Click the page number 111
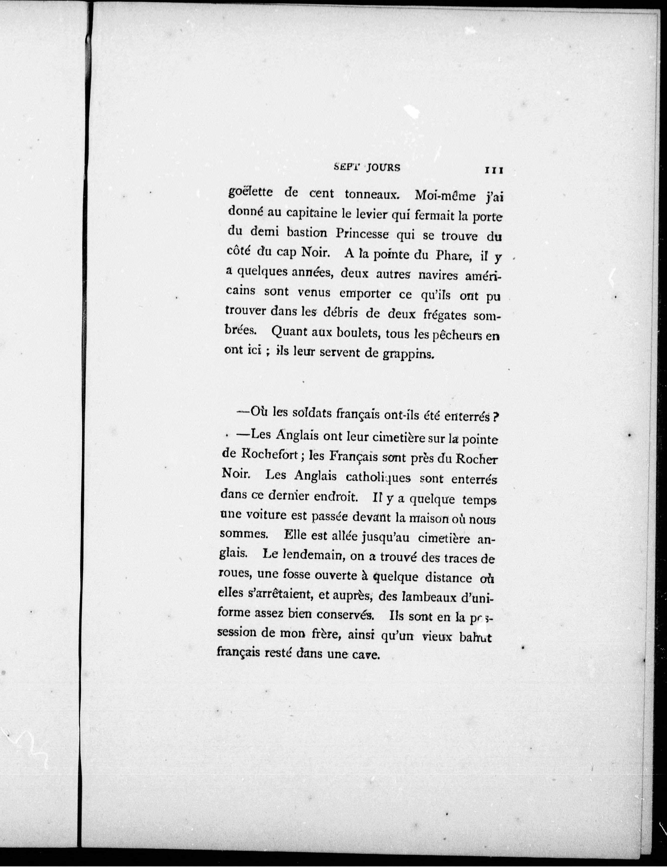494,170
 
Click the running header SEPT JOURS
367,167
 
